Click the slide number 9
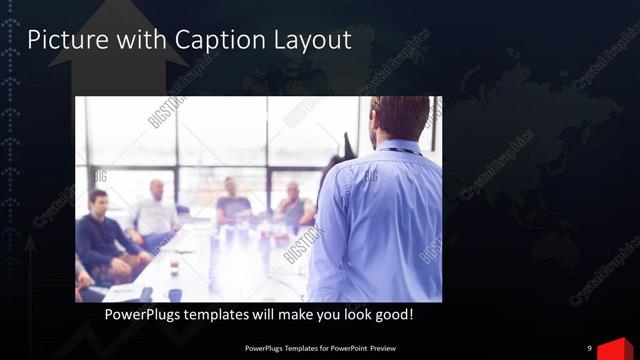[x=589, y=348]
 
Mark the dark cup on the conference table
[x=174, y=268]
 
